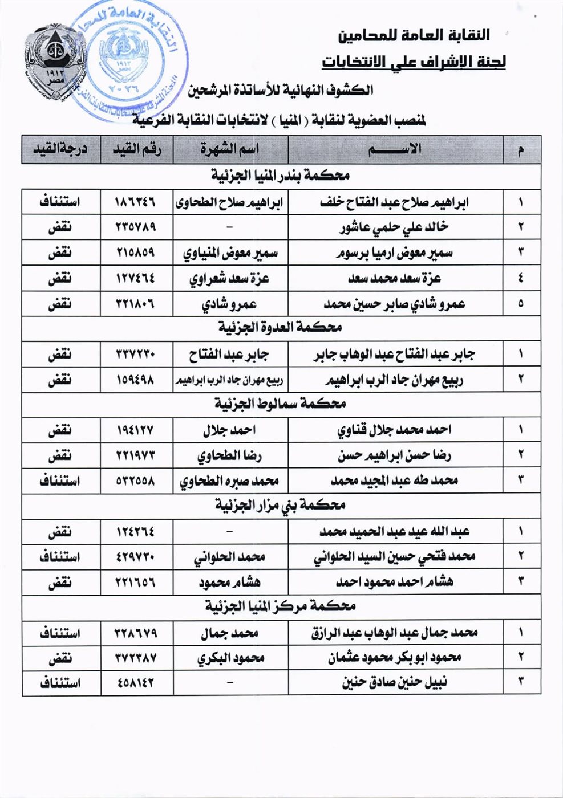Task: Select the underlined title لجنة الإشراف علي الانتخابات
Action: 413,61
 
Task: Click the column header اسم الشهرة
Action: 230,149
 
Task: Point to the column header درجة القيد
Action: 59,149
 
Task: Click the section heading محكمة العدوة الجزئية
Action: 280,328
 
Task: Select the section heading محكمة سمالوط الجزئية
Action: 280,404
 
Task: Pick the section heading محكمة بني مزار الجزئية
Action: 280,505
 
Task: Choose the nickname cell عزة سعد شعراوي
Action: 230,278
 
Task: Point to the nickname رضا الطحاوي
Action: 230,455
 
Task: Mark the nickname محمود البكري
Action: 230,658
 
